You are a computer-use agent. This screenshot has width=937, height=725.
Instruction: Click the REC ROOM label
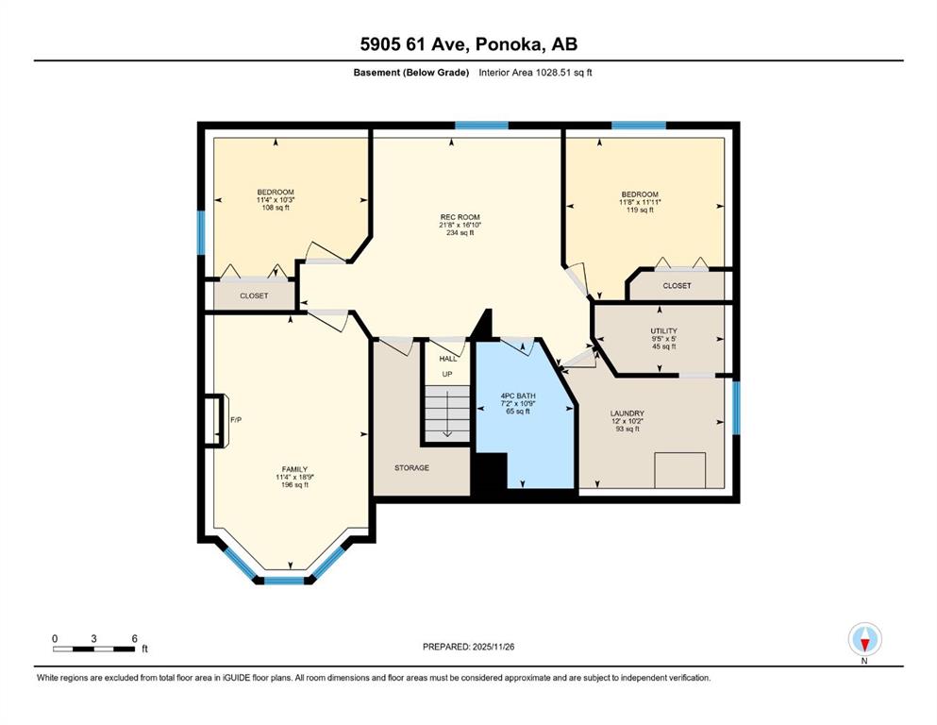point(460,217)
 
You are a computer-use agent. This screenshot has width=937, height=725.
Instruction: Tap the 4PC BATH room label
point(518,396)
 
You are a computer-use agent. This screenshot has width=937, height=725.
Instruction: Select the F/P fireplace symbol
point(214,420)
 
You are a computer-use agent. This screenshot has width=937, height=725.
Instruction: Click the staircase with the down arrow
point(447,413)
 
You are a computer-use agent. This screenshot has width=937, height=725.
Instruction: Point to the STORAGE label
point(411,468)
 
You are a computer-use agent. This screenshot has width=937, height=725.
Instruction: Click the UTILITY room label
point(664,331)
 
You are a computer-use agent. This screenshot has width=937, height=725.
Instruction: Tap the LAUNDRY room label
point(627,413)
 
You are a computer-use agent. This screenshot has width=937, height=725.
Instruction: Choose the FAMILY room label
point(295,470)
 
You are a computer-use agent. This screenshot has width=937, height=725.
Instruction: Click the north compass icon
point(864,639)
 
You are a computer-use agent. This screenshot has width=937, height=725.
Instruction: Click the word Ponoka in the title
point(510,44)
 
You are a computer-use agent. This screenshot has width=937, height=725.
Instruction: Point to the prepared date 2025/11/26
point(493,647)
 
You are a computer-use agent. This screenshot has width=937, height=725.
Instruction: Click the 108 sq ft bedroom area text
point(276,208)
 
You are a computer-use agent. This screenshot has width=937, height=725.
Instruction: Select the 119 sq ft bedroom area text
point(640,210)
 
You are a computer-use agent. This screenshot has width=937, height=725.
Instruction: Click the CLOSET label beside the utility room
point(678,286)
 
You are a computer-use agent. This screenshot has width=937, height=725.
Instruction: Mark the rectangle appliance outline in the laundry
point(680,470)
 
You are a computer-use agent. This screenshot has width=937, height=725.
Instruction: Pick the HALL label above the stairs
point(448,359)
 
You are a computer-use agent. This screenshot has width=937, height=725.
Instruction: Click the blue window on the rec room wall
point(481,126)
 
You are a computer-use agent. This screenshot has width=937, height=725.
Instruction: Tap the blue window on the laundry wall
point(736,408)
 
